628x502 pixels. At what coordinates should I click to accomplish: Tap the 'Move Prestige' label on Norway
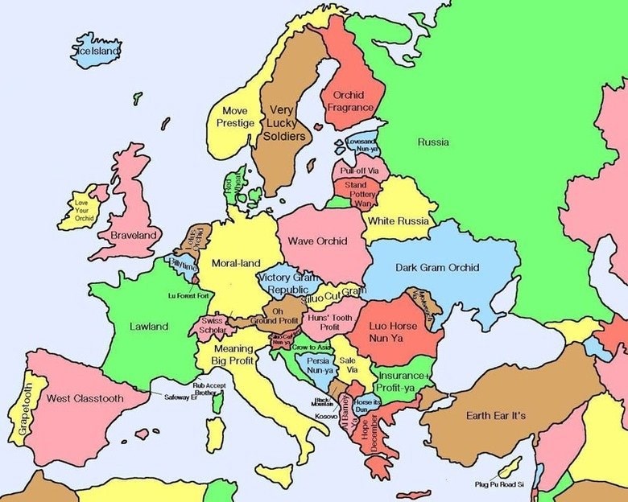(x=235, y=117)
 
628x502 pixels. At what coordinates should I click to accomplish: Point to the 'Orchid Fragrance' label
(x=349, y=101)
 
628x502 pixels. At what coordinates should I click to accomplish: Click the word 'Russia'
(x=433, y=142)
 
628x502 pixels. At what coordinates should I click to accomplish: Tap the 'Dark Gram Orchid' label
(x=437, y=268)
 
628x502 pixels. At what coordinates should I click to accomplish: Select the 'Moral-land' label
(x=236, y=262)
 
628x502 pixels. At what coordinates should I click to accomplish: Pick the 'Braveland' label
(x=134, y=236)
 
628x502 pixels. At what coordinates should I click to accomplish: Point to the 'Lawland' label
(x=149, y=327)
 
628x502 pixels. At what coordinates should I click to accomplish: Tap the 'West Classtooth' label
(x=85, y=398)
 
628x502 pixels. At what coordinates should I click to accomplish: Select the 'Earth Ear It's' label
(x=496, y=415)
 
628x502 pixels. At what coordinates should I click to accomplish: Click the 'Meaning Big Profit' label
(x=233, y=355)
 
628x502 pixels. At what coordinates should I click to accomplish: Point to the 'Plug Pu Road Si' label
(x=498, y=484)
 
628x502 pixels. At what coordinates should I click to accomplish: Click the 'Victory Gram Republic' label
(x=287, y=282)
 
